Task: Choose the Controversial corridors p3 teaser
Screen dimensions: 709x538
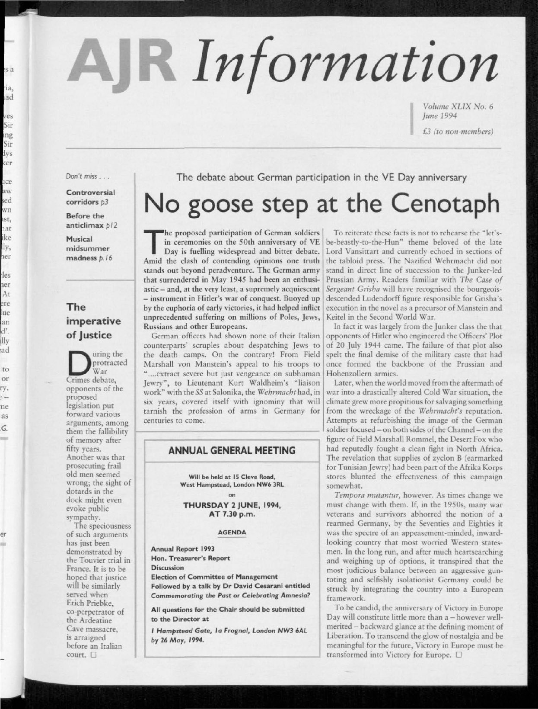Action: pos(90,197)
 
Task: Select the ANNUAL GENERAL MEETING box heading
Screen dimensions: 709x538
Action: pos(232,450)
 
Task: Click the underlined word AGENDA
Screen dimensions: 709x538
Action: pos(232,532)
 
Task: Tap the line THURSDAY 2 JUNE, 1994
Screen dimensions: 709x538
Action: pos(232,506)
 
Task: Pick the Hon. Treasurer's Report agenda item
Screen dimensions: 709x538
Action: pos(190,558)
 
